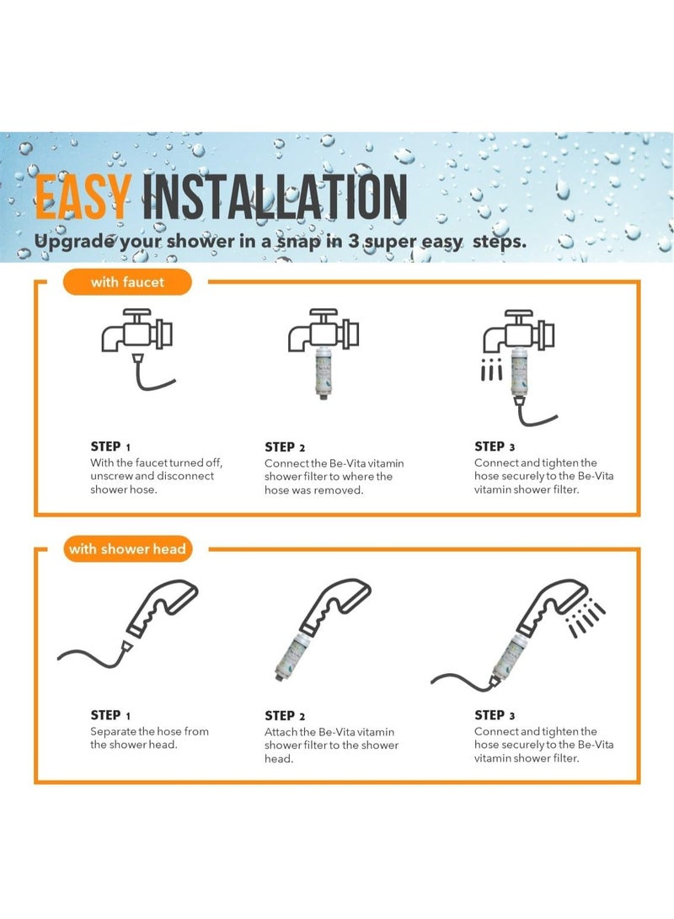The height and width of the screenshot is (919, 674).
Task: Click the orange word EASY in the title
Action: [x=82, y=196]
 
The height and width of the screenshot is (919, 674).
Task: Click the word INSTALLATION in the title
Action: [x=275, y=196]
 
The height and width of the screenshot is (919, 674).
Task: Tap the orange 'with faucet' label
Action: [x=127, y=282]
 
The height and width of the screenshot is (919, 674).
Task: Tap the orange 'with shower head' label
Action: [x=127, y=549]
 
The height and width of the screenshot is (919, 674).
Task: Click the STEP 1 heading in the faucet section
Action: [x=110, y=446]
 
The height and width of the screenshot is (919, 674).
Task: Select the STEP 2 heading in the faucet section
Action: [x=285, y=447]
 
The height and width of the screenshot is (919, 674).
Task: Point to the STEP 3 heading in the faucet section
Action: [x=495, y=446]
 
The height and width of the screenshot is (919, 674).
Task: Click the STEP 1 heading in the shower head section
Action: [x=110, y=715]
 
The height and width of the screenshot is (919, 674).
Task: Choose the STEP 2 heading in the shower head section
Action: [x=285, y=716]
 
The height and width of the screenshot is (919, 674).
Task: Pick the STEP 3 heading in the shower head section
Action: [x=495, y=715]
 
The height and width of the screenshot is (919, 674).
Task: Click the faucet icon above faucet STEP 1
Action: [x=136, y=330]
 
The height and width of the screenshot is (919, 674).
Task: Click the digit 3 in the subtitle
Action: [x=353, y=241]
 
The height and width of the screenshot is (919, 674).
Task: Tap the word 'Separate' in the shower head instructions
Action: [x=113, y=732]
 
